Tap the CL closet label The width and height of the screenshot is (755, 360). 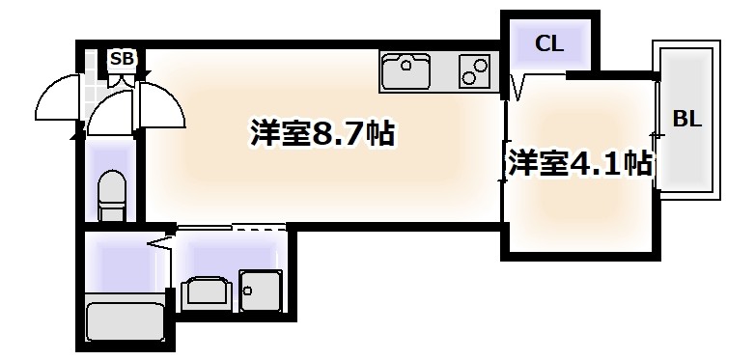point(548,43)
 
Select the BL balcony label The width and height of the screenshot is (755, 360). point(686,119)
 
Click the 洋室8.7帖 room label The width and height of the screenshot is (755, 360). point(322,134)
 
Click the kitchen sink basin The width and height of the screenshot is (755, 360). point(407,70)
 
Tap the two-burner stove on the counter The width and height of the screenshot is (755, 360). point(472,70)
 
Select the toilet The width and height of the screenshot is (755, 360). point(112,197)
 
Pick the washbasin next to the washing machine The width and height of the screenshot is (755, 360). point(204,292)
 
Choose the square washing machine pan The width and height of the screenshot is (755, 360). point(259,291)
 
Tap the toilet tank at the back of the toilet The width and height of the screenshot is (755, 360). point(112,180)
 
